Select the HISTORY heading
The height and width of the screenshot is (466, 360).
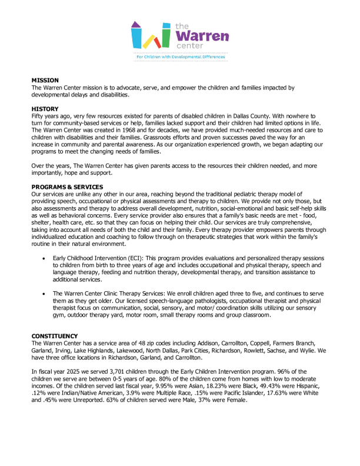[45, 109]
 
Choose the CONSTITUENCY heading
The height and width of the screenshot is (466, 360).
[56, 335]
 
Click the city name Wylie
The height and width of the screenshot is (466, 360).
[312, 349]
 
